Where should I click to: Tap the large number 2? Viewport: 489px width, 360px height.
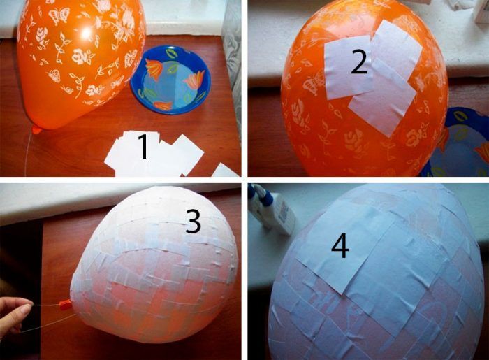tap(359, 62)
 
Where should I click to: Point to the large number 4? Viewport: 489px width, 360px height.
tap(340, 246)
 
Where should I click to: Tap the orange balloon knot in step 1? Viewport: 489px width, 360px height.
tap(36, 130)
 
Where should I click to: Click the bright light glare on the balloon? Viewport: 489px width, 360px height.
tap(87, 32)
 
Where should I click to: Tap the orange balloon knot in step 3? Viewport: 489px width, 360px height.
tap(65, 304)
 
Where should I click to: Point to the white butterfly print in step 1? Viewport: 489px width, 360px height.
tap(59, 16)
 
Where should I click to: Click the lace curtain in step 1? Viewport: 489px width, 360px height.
tap(232, 62)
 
